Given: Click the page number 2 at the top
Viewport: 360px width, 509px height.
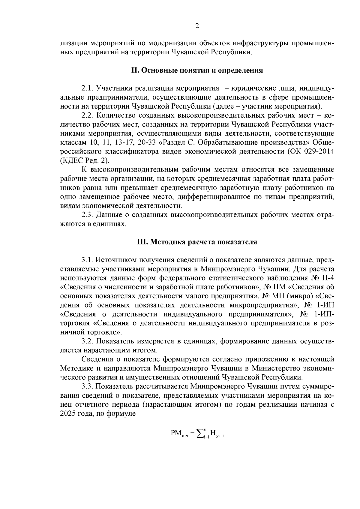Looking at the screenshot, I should click(197, 26).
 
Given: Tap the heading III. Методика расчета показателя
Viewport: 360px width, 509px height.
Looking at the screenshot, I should click(197, 242).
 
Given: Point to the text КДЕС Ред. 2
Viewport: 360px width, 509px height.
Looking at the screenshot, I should click(84, 160).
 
